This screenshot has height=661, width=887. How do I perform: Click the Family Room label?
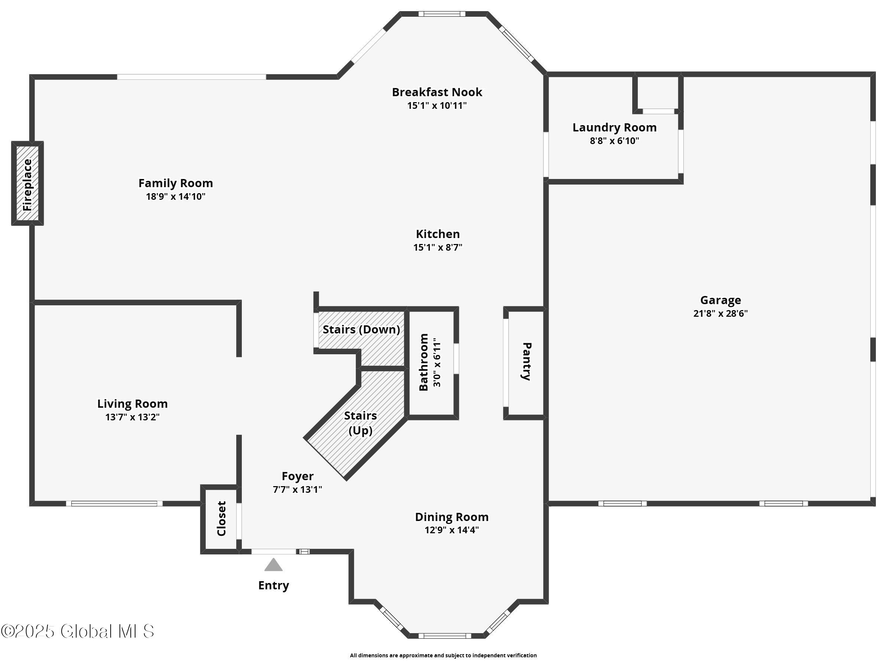pos(175,183)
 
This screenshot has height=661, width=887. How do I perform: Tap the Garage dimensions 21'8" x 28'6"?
pos(720,313)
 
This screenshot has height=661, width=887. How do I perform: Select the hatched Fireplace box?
pos(27,183)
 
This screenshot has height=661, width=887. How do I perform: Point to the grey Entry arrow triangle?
pos(273,564)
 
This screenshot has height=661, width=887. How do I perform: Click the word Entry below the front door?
pos(273,585)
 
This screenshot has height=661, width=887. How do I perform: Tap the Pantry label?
pos(527,361)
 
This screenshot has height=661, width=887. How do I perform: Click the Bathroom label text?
pos(423,362)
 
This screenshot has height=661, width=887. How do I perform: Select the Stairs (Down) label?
pos(361,329)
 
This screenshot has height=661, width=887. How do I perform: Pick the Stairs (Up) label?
pos(360,423)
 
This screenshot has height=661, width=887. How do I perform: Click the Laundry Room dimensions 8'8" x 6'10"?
pos(614,141)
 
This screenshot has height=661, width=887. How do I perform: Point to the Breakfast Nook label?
pos(437,92)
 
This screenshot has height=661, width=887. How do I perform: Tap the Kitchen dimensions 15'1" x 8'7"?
pos(438,247)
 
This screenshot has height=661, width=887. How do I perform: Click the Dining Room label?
pos(452,517)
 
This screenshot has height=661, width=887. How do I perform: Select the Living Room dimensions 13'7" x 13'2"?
pos(132,417)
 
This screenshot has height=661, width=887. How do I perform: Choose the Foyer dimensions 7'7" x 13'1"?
pos(297,489)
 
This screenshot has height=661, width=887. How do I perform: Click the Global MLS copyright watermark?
pos(77,631)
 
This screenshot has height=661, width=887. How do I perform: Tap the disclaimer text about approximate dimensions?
pos(443,655)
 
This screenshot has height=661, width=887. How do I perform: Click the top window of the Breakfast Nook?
pos(442,14)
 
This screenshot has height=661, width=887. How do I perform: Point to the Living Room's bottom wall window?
pos(114,503)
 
